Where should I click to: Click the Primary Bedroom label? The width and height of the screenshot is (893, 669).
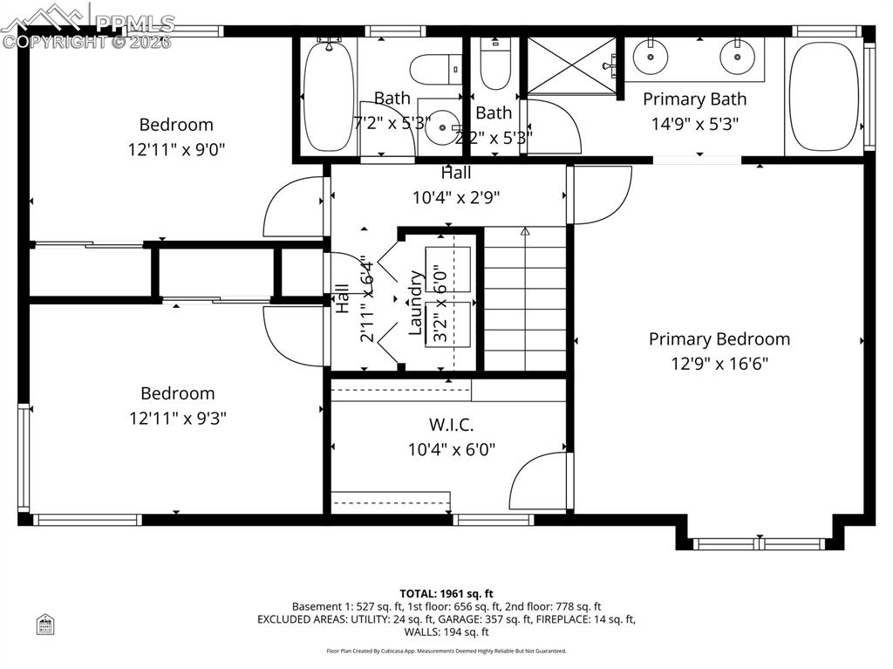coord(719,339)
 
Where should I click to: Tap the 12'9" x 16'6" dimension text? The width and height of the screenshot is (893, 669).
coord(719,364)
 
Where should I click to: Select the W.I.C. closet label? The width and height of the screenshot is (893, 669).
coord(451,426)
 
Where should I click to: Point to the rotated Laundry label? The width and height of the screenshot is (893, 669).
coord(416,303)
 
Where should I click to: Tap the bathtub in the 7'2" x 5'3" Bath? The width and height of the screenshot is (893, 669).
coord(328,96)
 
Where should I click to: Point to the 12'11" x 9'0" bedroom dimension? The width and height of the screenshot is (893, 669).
coord(177,149)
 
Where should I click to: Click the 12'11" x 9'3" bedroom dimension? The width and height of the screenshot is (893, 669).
coord(178,419)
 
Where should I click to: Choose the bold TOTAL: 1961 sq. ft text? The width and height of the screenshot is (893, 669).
coord(446,594)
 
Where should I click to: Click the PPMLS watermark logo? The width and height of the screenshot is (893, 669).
coord(87,26)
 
